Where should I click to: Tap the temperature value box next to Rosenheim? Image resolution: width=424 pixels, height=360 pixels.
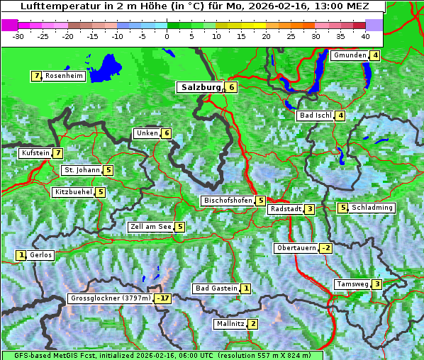point(35,76)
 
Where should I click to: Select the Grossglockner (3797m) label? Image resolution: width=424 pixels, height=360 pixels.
point(111,298)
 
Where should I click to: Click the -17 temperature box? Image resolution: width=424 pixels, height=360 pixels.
point(164,298)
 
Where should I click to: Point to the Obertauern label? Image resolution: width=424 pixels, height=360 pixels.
point(296,248)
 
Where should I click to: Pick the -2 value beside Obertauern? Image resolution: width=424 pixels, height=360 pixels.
point(325,248)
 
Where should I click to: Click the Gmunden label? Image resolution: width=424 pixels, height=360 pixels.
point(350,55)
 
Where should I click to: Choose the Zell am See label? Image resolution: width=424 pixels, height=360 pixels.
point(151,227)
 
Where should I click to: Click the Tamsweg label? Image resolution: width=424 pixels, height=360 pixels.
point(352,284)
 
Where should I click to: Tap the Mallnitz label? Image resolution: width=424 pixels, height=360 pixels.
point(230,324)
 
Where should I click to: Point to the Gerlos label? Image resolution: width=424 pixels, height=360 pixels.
point(41,255)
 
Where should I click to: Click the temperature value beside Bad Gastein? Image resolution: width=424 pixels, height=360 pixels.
point(245,288)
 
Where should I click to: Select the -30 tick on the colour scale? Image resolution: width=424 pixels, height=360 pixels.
point(18,35)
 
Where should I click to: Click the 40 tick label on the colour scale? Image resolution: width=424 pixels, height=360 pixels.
point(365,35)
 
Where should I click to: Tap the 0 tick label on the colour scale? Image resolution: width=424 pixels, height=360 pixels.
point(167,35)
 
